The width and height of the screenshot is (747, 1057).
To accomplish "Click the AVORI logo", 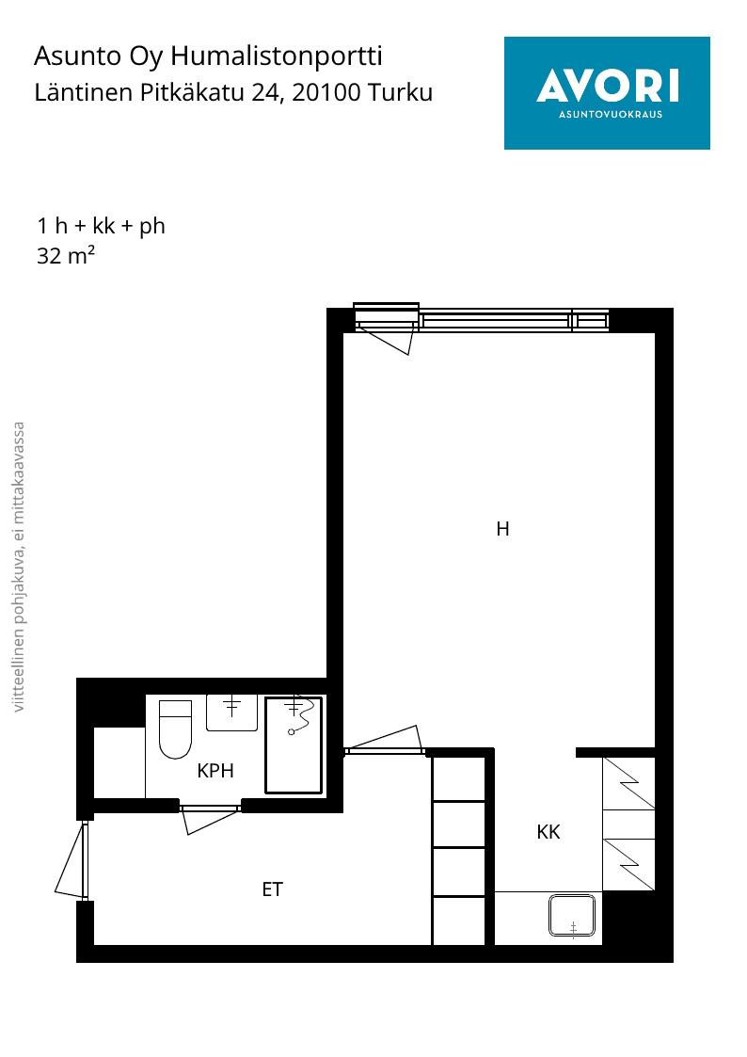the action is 607,93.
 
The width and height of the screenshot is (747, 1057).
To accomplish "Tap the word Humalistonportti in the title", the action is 277,56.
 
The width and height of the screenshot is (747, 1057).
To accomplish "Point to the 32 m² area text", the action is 65,255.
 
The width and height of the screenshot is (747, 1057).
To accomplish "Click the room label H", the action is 502,529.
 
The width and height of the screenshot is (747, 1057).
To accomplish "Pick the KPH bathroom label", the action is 215,771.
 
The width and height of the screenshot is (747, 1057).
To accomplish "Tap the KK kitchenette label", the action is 548,832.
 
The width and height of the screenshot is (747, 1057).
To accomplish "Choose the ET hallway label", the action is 272,889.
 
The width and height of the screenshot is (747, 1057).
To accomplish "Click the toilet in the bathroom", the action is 175,729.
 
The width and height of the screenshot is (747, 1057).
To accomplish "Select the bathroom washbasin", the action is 231,713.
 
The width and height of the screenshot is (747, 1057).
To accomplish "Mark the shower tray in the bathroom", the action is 294,745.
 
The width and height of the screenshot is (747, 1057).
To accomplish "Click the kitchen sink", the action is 572,916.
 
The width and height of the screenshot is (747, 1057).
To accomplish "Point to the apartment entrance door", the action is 72,860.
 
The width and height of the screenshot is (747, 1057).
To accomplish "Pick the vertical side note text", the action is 19,567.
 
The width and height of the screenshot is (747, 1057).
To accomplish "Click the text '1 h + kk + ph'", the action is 101,226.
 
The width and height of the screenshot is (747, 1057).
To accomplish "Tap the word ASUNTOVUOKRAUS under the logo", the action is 611,114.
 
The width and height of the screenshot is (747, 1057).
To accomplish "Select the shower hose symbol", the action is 301,717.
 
